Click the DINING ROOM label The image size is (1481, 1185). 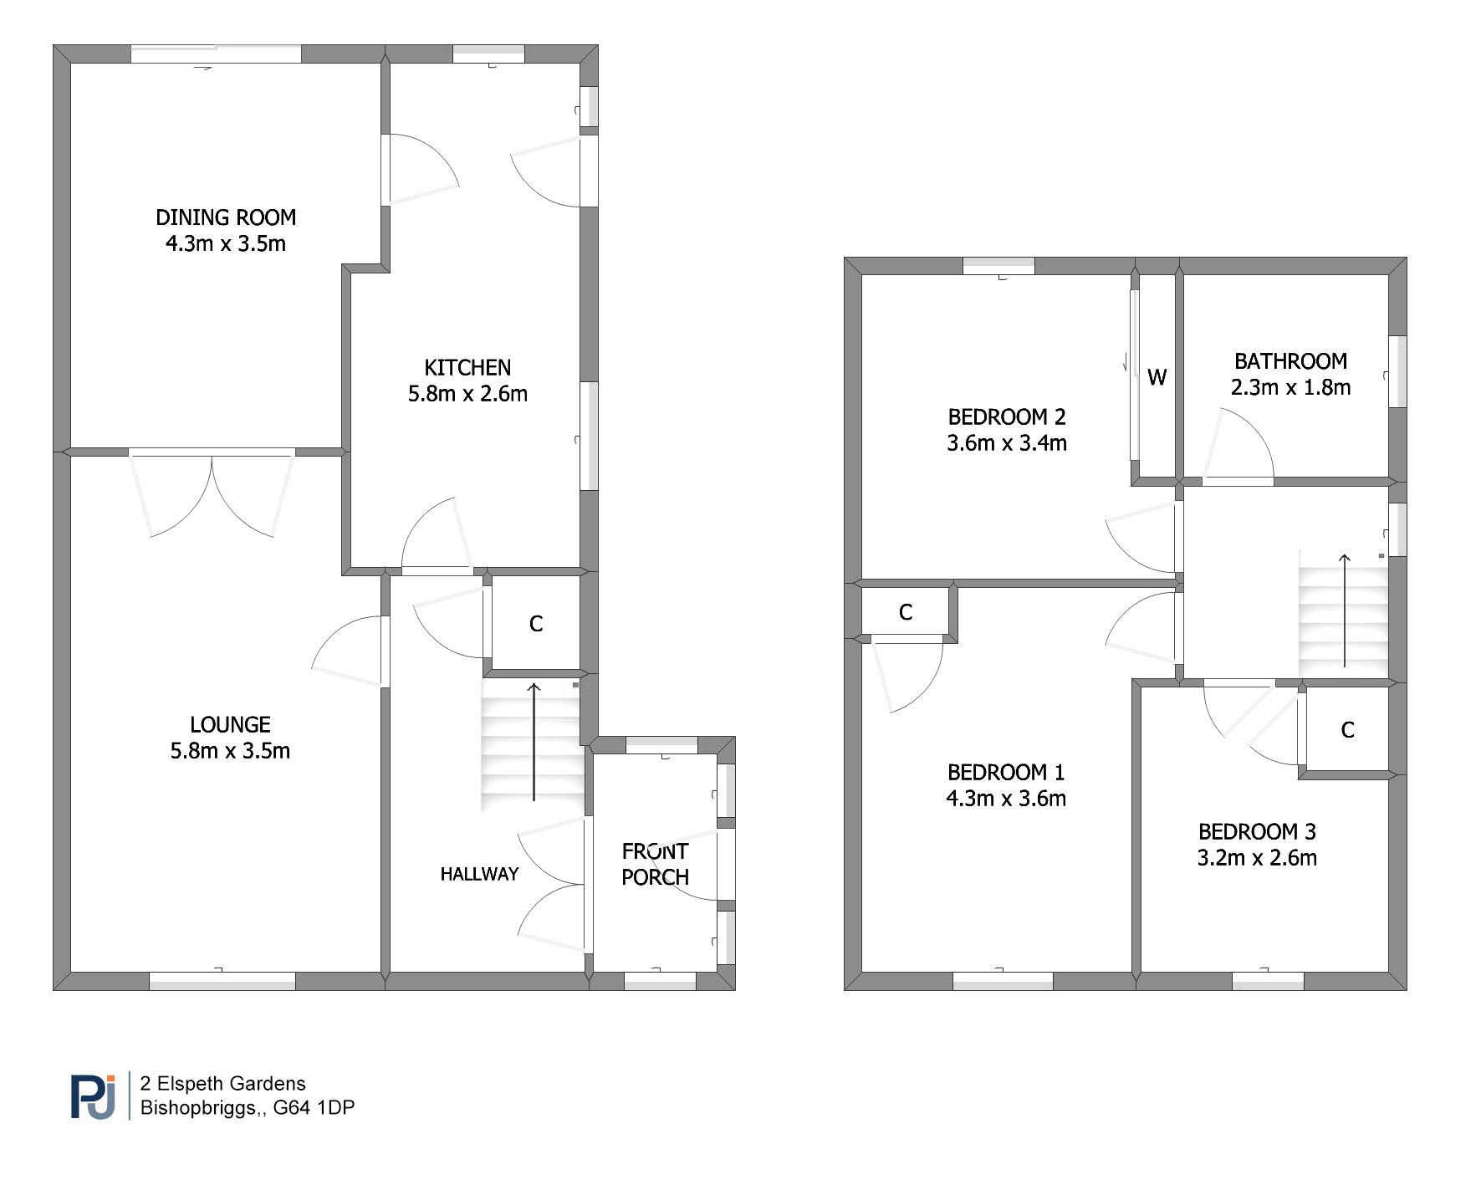[x=226, y=217]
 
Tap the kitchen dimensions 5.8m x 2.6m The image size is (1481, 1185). [x=467, y=394]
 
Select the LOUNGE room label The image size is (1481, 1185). [x=230, y=724]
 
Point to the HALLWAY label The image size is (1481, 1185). [x=479, y=874]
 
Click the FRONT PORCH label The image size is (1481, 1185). [x=656, y=864]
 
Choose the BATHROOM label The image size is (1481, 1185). [x=1290, y=361]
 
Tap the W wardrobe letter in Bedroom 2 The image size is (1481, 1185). [x=1157, y=377]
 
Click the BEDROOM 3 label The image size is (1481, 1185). [x=1257, y=831]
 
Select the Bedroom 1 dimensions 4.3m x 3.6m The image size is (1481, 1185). [x=1006, y=799]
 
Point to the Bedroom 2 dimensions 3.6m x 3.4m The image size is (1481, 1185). [x=1007, y=443]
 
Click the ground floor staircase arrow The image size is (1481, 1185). [x=534, y=742]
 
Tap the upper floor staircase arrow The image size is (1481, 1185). [x=1344, y=610]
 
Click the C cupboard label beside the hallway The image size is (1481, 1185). [x=536, y=624]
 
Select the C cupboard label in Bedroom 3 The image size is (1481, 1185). [x=1347, y=730]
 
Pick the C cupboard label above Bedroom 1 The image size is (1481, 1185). [x=905, y=613]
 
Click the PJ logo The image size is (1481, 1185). [x=93, y=1096]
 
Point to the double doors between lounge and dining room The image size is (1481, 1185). [x=212, y=494]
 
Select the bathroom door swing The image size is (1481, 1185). [x=1238, y=445]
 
